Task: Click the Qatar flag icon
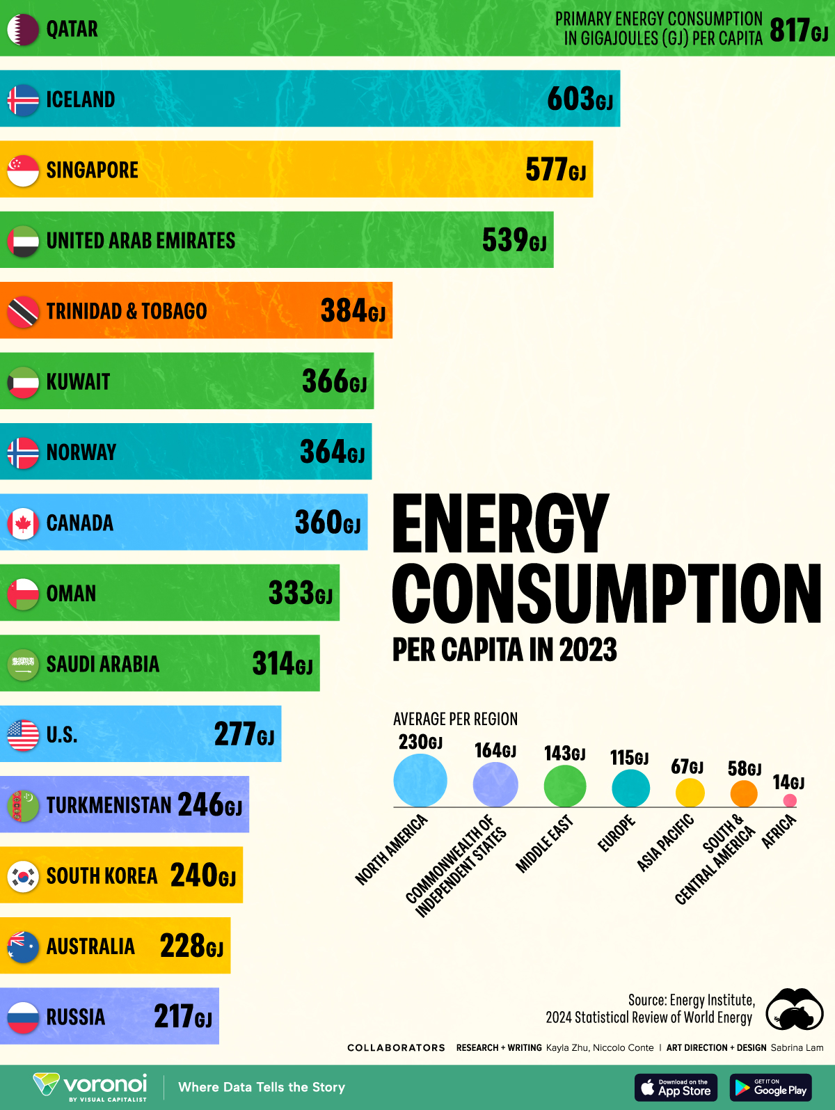23,30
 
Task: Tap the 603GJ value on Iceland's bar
580,99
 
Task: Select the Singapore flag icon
23,171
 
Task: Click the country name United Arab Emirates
141,241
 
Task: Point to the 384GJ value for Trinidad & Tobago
352,311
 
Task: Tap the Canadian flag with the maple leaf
23,523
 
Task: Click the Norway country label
81,452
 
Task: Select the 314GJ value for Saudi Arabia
282,664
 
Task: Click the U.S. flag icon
23,735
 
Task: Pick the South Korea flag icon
23,876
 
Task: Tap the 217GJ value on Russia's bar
182,1017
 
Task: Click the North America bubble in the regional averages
420,781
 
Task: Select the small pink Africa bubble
790,800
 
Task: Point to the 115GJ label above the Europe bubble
629,758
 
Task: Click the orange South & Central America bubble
744,793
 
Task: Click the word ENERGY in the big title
500,523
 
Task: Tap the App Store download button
676,1088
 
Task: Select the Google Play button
771,1088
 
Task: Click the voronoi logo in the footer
90,1086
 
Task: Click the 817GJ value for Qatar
798,31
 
